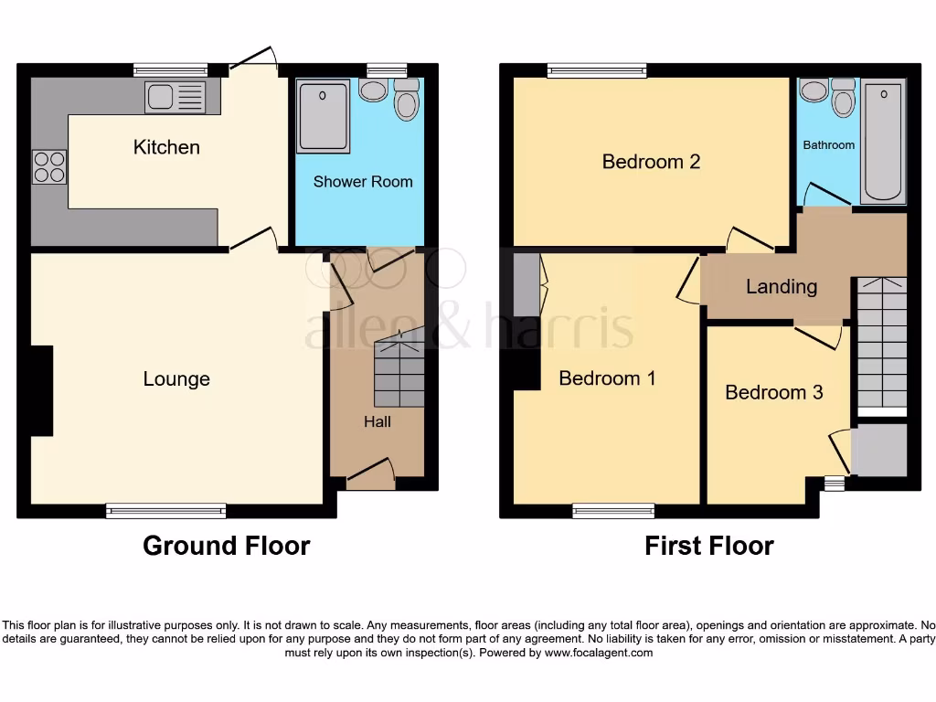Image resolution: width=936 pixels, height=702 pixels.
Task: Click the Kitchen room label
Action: pos(166,147)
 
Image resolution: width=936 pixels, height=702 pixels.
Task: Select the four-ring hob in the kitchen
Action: pos(49,166)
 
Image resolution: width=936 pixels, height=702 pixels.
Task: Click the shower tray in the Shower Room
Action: pos(323,116)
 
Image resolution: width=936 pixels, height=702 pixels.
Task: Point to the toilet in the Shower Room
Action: pos(406,101)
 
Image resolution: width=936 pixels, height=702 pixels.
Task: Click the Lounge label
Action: pos(176,378)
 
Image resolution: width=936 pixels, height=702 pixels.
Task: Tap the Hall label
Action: pos(378,421)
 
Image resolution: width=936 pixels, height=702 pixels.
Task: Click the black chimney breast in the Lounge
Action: pos(41,390)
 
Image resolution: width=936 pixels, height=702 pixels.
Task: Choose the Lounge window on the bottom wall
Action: pos(165,511)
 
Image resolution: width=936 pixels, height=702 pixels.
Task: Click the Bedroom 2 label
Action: pos(651,162)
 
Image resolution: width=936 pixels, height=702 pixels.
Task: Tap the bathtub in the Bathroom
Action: pos(883,142)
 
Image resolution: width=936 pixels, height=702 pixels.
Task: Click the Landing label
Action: pos(782,286)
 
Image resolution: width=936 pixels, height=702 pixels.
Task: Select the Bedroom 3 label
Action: pos(773,392)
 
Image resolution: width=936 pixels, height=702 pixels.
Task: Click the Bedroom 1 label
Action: pos(607,378)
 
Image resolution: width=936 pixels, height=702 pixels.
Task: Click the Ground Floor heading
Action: pos(226,546)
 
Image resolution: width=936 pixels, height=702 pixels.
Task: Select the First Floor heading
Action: pos(708,546)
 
